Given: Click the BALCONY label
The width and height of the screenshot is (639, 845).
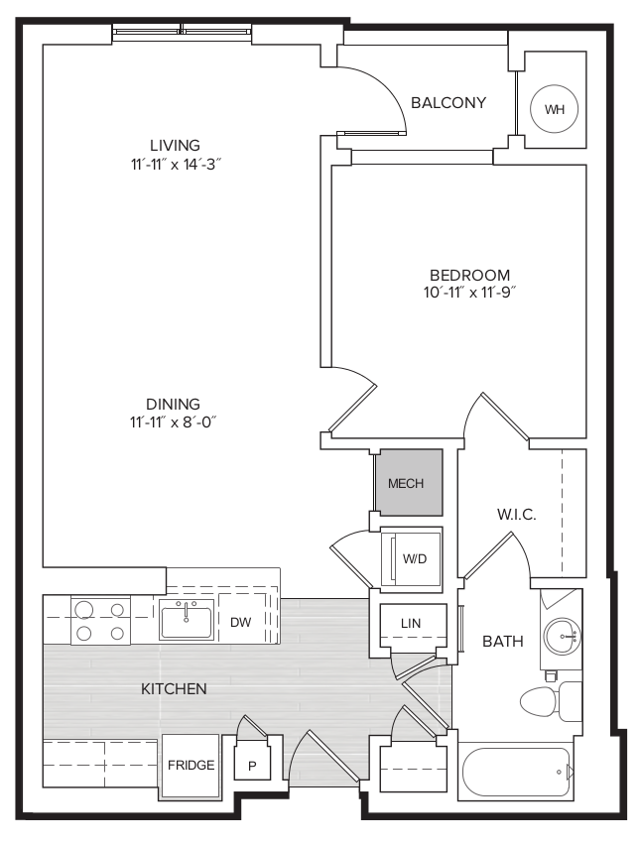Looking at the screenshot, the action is [448, 102].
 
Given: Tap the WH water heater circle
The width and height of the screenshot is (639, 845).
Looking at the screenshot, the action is [554, 109].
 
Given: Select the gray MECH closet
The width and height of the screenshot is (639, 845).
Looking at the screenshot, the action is [409, 482].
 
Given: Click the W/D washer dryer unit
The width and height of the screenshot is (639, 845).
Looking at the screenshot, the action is [412, 559].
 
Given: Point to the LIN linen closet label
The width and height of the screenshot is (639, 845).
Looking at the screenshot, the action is [411, 624].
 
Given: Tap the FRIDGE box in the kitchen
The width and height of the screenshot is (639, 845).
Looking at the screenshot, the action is [191, 766].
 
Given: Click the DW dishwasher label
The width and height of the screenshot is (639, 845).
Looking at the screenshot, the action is [240, 623].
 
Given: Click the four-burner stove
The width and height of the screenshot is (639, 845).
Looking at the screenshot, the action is [100, 620].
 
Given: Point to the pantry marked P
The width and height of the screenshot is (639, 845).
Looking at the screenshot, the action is [252, 760].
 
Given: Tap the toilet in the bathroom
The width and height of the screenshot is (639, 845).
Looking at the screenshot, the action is [551, 701].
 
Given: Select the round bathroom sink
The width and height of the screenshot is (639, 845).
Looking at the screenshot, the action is [562, 636].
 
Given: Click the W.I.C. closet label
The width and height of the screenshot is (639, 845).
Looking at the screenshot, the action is [516, 515].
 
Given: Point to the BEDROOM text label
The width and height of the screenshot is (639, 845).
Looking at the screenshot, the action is [469, 275].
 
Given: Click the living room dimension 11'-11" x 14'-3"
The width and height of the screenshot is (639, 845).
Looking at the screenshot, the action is [176, 165].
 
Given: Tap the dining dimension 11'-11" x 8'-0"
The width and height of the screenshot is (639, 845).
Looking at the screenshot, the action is [173, 422].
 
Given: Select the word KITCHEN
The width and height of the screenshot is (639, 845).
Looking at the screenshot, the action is [174, 688].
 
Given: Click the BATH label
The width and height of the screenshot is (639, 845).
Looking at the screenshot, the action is [503, 642].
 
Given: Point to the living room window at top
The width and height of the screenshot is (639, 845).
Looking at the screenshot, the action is [182, 33].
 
